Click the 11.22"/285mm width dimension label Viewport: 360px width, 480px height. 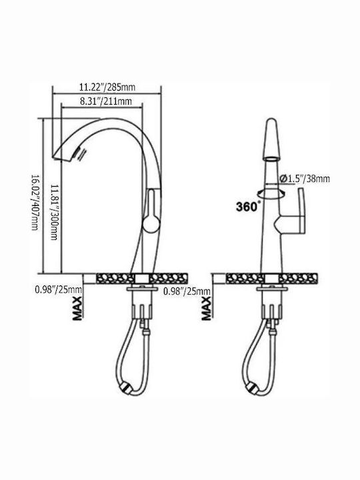pos(107,87)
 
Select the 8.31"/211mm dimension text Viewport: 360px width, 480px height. pos(106,101)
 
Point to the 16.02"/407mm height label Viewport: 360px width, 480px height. pos(35,203)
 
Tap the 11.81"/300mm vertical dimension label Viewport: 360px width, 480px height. pos(54,212)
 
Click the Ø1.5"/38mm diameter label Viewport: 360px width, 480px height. pos(305,178)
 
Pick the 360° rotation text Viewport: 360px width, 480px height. pos(248,207)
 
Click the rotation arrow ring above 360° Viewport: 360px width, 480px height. pos(271,193)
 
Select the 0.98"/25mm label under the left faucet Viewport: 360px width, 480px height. pos(58,289)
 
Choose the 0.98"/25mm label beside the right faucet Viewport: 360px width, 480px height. pos(187,291)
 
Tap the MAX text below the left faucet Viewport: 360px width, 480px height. pos(77,307)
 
